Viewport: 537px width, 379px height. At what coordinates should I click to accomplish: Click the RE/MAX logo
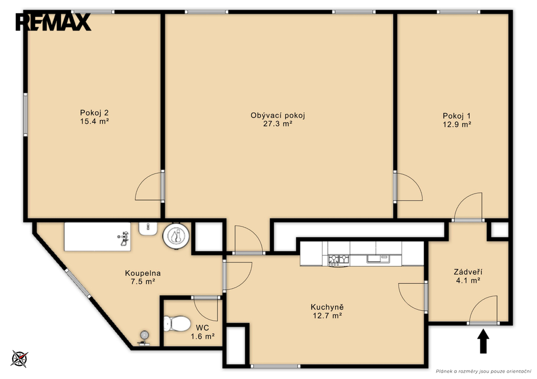click(x=53, y=22)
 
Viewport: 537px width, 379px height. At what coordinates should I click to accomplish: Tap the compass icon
click(x=19, y=359)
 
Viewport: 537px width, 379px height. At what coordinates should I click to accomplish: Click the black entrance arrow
click(x=483, y=341)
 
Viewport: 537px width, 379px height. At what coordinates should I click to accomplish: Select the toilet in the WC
click(x=177, y=323)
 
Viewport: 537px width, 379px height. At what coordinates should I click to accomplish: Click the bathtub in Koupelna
click(x=98, y=236)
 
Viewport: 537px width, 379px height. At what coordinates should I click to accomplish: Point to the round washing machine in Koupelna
click(x=176, y=236)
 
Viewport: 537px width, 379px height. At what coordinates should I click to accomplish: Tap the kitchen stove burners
click(x=338, y=260)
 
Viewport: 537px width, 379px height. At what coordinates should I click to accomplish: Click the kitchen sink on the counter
click(x=378, y=259)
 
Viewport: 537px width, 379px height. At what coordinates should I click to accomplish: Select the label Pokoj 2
click(x=94, y=113)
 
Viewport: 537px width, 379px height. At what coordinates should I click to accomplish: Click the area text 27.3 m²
click(x=277, y=124)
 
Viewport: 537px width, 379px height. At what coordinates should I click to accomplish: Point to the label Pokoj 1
click(x=457, y=116)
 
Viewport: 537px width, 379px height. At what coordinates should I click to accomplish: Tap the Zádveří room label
click(x=468, y=272)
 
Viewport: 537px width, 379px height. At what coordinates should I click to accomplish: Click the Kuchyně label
click(x=327, y=307)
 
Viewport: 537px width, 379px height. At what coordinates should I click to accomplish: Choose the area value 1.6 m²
click(x=202, y=337)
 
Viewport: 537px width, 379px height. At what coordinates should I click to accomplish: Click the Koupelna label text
click(x=143, y=273)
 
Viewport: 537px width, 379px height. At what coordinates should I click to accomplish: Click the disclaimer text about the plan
click(x=483, y=371)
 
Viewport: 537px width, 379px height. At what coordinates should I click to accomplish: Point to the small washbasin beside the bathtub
click(x=148, y=229)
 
